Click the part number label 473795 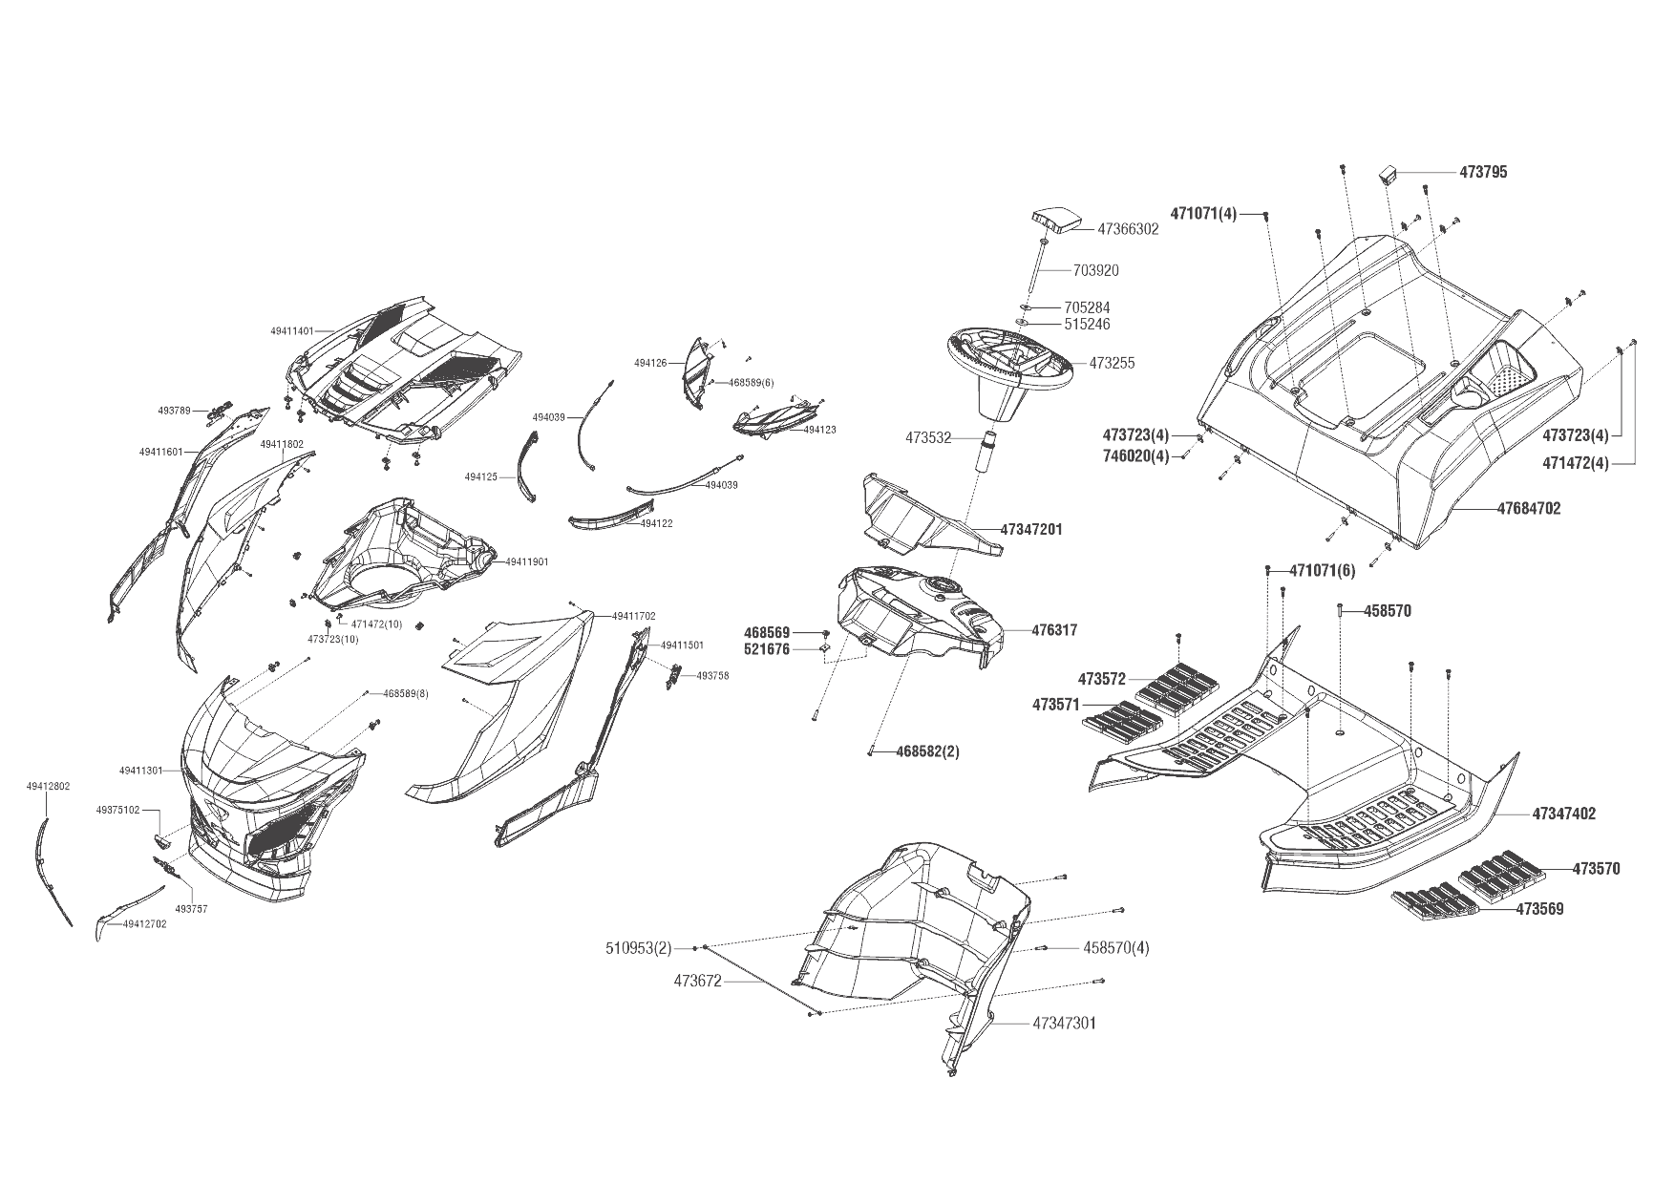[x=1483, y=173]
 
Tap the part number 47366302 [x=1128, y=229]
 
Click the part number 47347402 [x=1563, y=814]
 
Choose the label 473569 [x=1539, y=909]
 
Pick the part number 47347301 [x=1064, y=1024]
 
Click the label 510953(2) [x=639, y=948]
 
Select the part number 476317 [x=1054, y=630]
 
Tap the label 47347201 [x=1031, y=529]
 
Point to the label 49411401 [x=292, y=331]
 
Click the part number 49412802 [x=48, y=787]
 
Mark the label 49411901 [x=527, y=562]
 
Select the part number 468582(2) [x=927, y=751]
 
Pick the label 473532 [x=928, y=438]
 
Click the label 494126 [x=650, y=363]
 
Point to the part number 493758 [x=712, y=675]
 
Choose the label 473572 [x=1102, y=679]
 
